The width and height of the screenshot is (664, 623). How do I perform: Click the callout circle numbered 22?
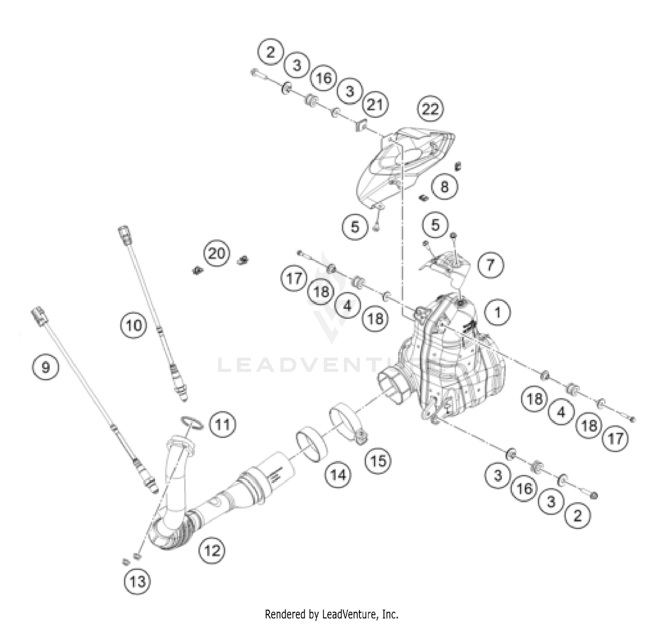click(430, 108)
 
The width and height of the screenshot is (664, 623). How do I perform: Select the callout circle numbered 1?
click(498, 312)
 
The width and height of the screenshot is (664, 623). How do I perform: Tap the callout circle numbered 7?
click(490, 265)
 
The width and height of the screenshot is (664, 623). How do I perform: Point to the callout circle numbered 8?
click(444, 186)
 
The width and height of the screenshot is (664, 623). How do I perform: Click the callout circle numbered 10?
click(134, 325)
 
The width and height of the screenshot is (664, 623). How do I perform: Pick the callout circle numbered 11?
click(222, 425)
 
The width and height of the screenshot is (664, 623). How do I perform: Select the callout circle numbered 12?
click(212, 550)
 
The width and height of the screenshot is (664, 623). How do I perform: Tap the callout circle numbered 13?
click(137, 581)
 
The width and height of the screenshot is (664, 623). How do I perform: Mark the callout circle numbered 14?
click(338, 475)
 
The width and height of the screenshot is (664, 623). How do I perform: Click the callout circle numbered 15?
click(378, 461)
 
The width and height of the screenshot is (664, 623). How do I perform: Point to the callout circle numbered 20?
click(216, 254)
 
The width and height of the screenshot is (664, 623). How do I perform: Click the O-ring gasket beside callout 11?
click(192, 423)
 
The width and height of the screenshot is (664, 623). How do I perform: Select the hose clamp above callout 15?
click(347, 419)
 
